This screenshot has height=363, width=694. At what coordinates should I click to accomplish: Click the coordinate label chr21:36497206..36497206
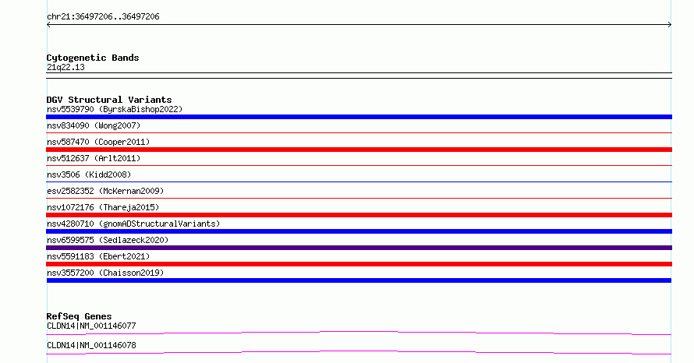(103, 17)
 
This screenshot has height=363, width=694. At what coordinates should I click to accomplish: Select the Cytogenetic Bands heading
(93, 58)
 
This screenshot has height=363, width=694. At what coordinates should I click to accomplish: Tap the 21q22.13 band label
(66, 67)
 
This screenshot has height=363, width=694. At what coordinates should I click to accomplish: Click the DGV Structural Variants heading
(109, 100)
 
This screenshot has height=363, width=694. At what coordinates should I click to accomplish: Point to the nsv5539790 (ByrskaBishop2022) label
(115, 109)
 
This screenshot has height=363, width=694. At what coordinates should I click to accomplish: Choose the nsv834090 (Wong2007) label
(94, 125)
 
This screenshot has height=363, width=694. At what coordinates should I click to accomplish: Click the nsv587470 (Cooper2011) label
(98, 142)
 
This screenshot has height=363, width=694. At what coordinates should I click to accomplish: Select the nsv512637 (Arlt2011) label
(94, 158)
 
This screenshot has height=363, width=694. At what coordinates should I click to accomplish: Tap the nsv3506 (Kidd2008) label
(89, 174)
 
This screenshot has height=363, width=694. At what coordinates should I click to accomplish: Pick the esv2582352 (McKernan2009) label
(105, 191)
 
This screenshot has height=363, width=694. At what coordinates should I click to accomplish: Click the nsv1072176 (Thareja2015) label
(103, 207)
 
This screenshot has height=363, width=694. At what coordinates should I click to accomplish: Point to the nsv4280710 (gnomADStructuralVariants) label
(133, 224)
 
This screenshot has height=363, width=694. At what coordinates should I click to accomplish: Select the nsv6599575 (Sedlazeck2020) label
(108, 240)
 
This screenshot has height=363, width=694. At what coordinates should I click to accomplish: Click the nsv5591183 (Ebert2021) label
(98, 256)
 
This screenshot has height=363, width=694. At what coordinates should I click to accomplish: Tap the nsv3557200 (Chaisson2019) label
(105, 273)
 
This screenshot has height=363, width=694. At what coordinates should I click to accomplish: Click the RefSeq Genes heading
(80, 316)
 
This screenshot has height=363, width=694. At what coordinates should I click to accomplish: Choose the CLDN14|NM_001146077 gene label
(91, 326)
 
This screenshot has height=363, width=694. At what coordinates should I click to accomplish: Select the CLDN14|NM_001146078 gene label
(91, 345)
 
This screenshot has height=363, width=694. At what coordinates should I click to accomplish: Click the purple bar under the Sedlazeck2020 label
(359, 248)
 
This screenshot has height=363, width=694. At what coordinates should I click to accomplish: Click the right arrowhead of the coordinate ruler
(670, 25)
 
